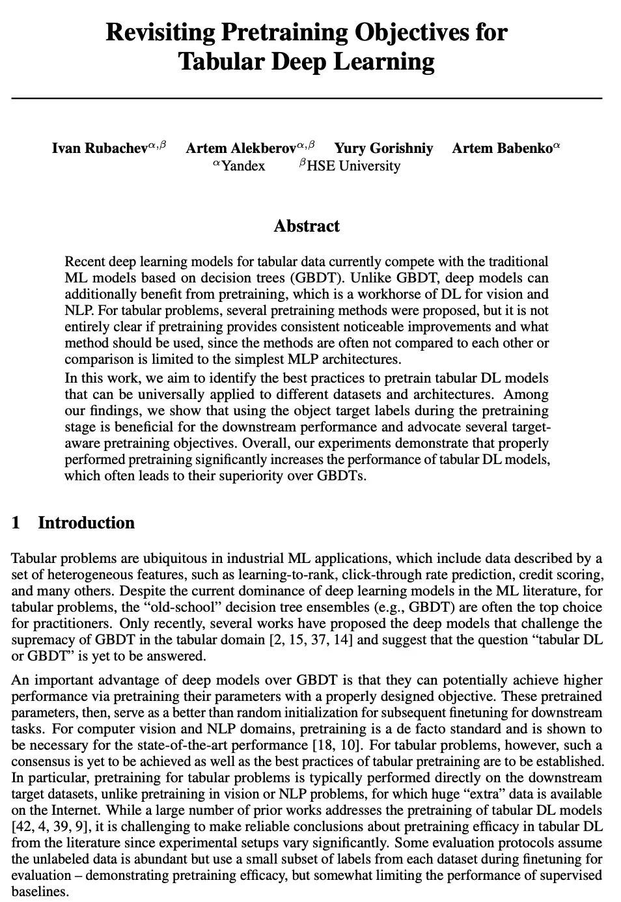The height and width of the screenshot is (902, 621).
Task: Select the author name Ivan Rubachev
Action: point(100,148)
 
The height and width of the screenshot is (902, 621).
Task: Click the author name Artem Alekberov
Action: point(241,148)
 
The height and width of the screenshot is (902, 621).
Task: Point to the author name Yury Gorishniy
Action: point(383,148)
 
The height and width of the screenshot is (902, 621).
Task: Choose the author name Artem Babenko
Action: point(502,148)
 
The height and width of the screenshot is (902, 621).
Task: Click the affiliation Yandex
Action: point(243,166)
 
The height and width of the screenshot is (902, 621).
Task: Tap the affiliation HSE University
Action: point(353,166)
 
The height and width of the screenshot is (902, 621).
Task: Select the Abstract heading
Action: point(307,226)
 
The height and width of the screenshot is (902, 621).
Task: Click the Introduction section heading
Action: point(87,523)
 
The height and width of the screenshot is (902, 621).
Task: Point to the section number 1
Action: point(16,523)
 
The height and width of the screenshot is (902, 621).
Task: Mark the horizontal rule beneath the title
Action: point(307,98)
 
